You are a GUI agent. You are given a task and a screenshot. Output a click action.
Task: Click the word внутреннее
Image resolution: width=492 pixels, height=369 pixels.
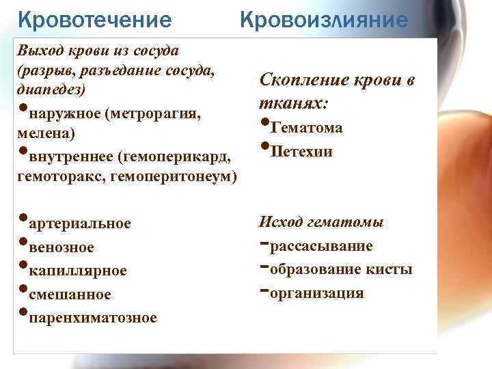click(x=70, y=158)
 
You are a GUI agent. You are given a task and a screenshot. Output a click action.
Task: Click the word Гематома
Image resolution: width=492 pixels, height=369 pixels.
click(x=307, y=128)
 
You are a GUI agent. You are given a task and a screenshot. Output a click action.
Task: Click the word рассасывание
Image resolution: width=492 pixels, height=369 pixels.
click(x=321, y=246)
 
